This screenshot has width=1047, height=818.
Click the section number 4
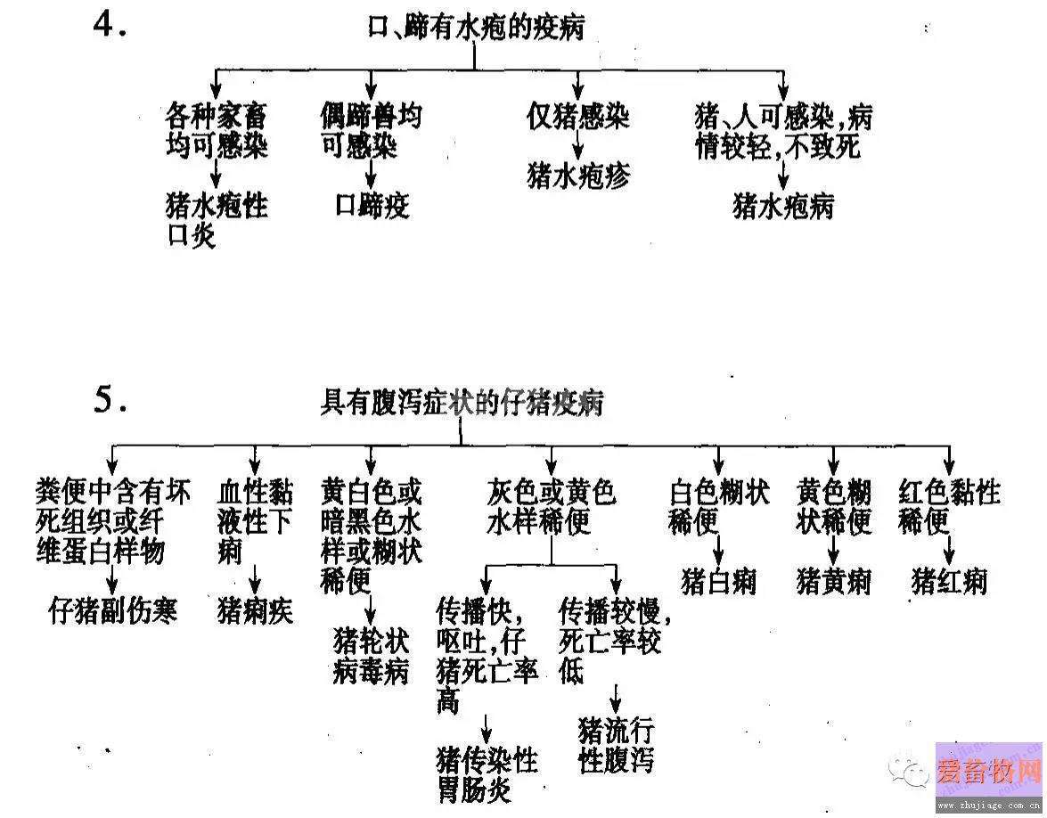click(109, 25)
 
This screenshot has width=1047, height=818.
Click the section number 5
click(110, 398)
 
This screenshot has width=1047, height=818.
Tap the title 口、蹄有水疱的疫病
click(476, 28)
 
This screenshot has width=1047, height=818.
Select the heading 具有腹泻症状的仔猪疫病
click(462, 402)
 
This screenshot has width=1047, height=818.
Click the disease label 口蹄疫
click(372, 205)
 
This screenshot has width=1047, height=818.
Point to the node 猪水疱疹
click(578, 176)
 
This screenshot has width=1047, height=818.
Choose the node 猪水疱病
click(783, 206)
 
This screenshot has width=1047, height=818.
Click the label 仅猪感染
click(578, 117)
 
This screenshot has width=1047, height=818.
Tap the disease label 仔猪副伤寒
click(113, 610)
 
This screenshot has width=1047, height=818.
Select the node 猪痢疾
click(255, 610)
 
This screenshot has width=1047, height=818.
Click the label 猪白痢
click(718, 581)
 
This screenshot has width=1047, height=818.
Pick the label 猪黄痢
click(834, 581)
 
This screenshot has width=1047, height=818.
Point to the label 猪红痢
click(949, 581)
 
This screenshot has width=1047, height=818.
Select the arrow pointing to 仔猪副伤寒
click(112, 579)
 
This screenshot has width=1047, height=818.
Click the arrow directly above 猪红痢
click(949, 550)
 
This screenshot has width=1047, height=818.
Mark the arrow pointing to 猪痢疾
click(255, 579)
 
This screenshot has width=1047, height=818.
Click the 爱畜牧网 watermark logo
click(989, 772)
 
